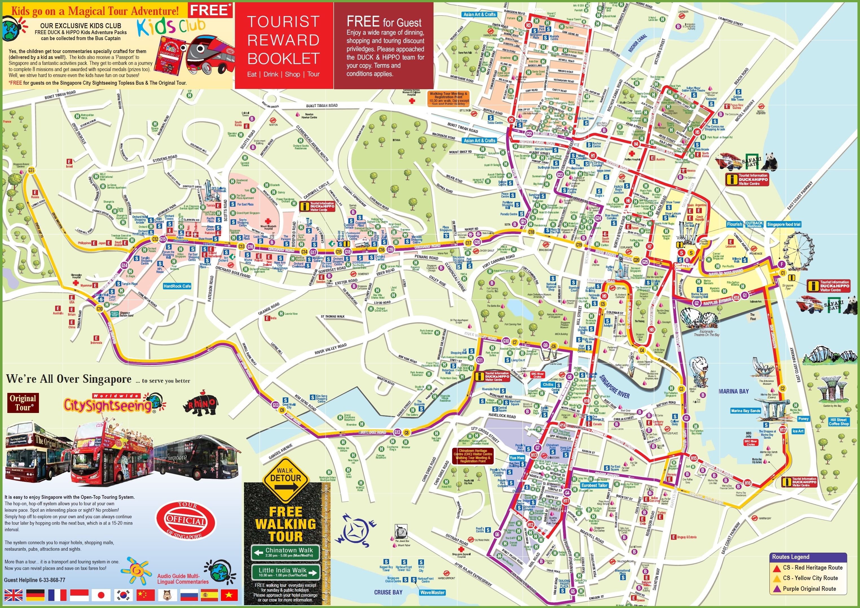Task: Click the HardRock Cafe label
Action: (177, 286)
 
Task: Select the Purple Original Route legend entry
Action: (809, 589)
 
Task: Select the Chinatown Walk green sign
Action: (286, 552)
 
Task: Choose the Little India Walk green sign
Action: (286, 572)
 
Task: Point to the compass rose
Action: (356, 532)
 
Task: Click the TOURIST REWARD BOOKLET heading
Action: (283, 40)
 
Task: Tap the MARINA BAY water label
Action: (733, 391)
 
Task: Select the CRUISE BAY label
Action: (388, 592)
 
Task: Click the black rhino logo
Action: (201, 406)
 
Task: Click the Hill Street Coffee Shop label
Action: (839, 422)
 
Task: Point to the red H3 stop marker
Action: (529, 25)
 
